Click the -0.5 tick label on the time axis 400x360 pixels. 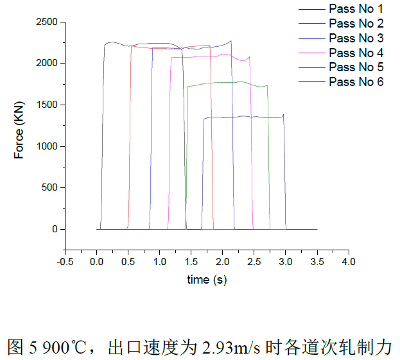tap(65, 262)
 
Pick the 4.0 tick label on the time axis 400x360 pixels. tap(349, 262)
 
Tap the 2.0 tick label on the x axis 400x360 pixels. tap(222, 262)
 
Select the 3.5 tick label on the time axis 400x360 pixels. tap(317, 262)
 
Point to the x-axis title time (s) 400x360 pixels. tap(207, 279)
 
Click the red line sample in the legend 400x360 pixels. tap(311, 24)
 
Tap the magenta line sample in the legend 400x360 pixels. tap(311, 53)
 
